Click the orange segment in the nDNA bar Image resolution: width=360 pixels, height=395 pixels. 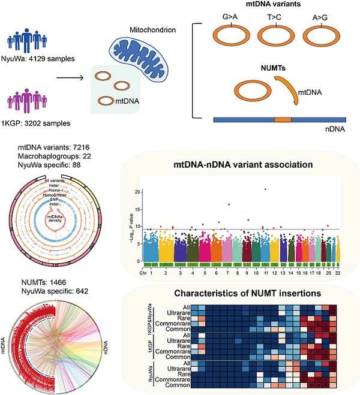[283, 120]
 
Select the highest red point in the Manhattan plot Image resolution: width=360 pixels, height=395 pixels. [265, 189]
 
